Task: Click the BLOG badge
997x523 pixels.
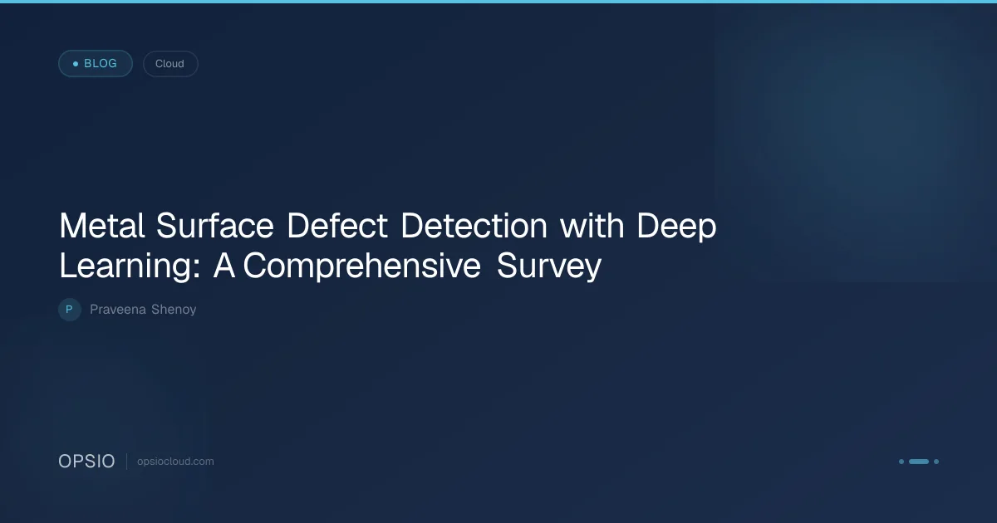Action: click(96, 64)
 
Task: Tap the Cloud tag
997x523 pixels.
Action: click(170, 64)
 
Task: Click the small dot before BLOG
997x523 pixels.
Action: click(76, 64)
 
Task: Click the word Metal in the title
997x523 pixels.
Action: click(102, 226)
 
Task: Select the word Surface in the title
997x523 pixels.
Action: click(214, 225)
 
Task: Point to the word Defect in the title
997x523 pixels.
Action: click(337, 226)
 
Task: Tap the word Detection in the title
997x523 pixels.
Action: click(474, 226)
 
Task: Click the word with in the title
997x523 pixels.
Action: click(592, 225)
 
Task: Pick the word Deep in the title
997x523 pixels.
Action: click(676, 227)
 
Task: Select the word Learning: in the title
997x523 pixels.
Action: click(130, 266)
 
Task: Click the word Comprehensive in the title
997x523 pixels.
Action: click(361, 266)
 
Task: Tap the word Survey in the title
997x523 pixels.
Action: click(549, 266)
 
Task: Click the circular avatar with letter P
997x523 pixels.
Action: click(70, 310)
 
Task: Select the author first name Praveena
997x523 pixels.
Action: click(118, 310)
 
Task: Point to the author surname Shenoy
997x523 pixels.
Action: click(174, 310)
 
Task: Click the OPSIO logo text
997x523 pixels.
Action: click(86, 462)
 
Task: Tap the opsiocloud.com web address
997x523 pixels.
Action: click(175, 462)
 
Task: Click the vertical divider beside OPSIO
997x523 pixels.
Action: click(127, 462)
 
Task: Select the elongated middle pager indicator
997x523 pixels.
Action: click(919, 462)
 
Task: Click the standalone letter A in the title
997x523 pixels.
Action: click(223, 266)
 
